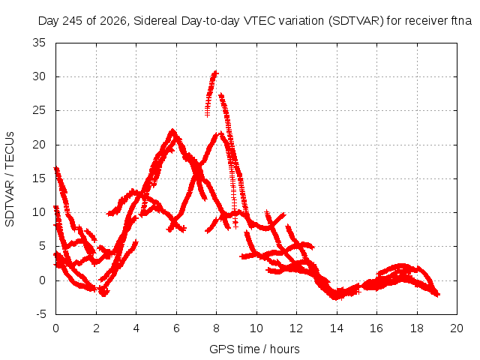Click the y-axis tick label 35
click(39, 43)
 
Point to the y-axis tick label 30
click(39, 76)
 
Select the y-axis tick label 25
click(39, 110)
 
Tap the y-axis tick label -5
click(40, 314)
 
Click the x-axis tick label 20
click(457, 328)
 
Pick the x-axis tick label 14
click(337, 328)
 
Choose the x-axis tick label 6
click(176, 328)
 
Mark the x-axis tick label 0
click(55, 328)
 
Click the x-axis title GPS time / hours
click(254, 349)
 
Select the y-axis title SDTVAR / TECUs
click(10, 179)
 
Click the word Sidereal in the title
click(155, 21)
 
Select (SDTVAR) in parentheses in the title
click(356, 21)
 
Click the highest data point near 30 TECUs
click(216, 73)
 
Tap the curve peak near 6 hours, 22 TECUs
click(172, 130)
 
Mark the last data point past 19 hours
click(438, 295)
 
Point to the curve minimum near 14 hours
click(336, 297)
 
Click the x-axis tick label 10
click(256, 328)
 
